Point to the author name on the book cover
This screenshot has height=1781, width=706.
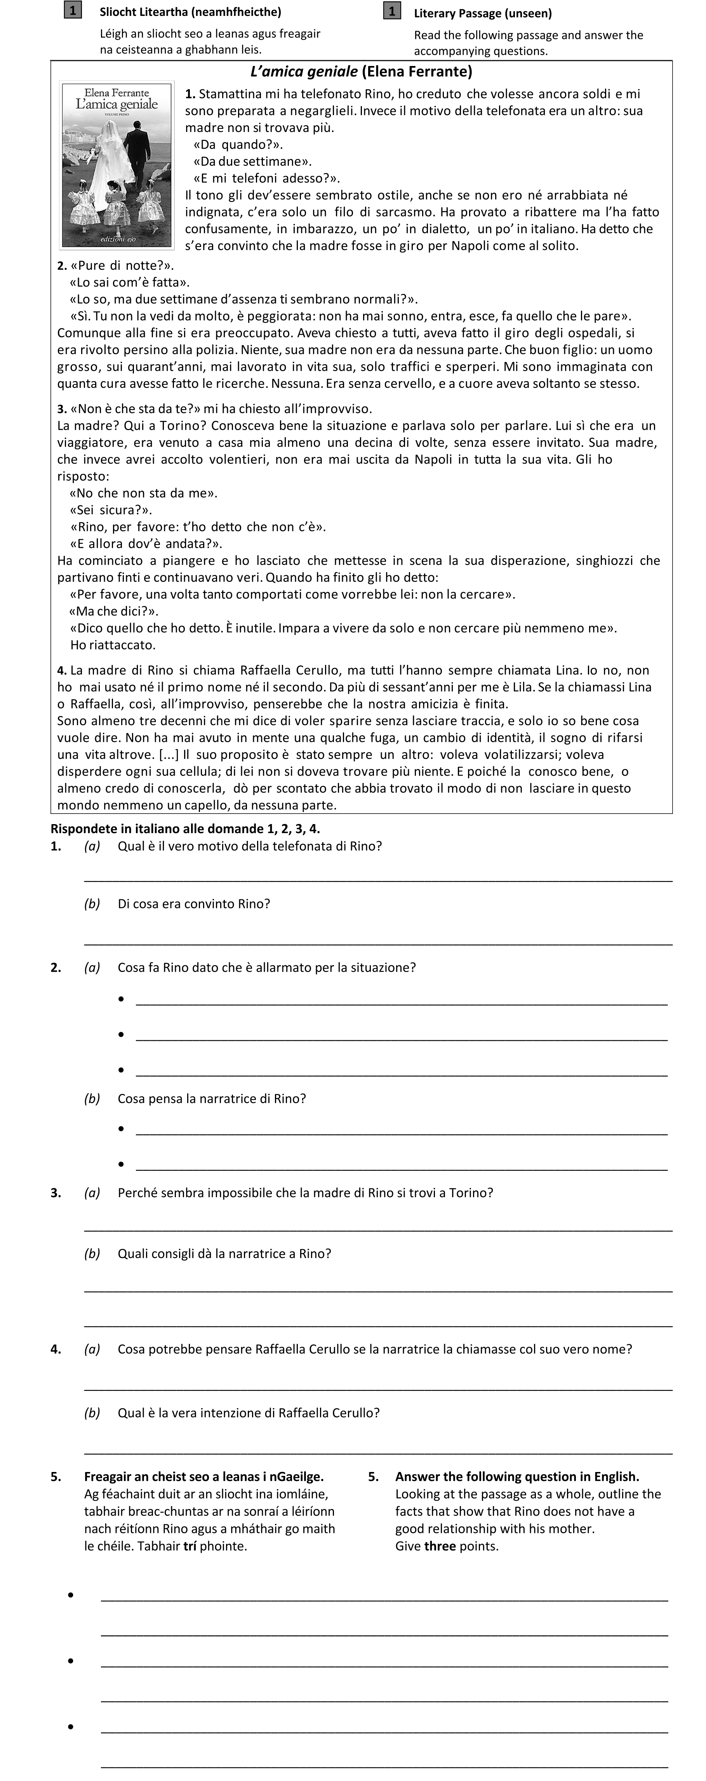[x=116, y=93]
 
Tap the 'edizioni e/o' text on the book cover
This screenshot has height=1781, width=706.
[x=118, y=238]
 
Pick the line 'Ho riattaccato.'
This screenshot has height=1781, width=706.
[x=113, y=645]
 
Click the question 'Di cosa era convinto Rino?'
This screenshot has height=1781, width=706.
[x=194, y=904]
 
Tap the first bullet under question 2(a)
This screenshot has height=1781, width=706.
[x=121, y=999]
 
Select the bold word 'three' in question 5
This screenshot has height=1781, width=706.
[x=440, y=1546]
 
